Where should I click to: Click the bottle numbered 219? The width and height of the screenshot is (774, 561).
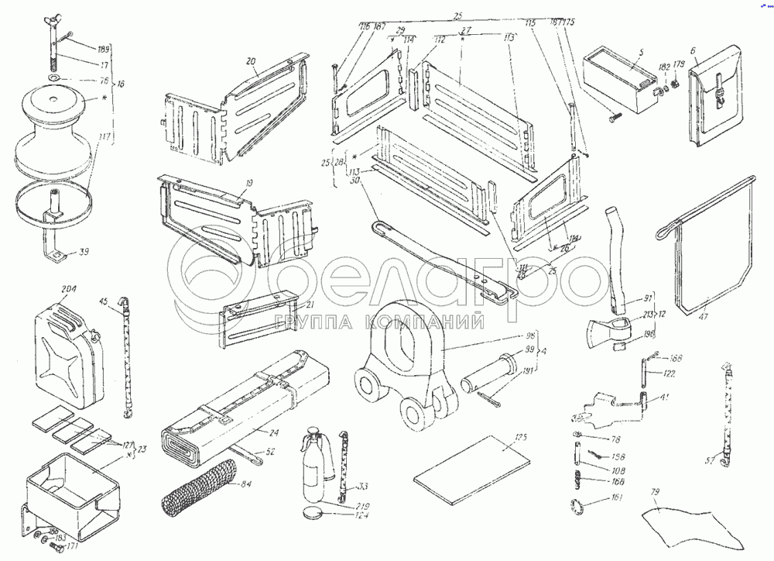point(312,469)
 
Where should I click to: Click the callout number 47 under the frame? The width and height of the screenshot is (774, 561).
point(703,315)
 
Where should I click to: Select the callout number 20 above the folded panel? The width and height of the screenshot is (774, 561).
point(250,62)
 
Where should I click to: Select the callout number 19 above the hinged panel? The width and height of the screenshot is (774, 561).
point(248,184)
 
